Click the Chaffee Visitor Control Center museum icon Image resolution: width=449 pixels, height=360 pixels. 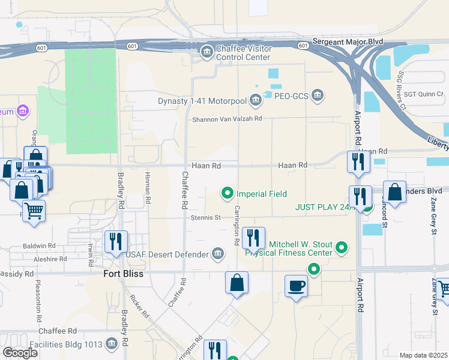click(x=207, y=50)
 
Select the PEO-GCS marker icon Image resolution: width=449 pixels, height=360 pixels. click(x=318, y=95)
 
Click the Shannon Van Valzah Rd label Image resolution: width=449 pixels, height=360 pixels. click(x=227, y=119)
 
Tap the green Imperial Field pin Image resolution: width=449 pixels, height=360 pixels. click(x=228, y=193)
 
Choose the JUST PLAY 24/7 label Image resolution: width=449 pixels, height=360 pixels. click(x=322, y=207)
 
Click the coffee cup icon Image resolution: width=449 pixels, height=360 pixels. click(x=296, y=286)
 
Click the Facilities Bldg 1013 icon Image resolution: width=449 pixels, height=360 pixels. click(x=111, y=343)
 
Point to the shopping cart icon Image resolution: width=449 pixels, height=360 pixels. click(x=34, y=211)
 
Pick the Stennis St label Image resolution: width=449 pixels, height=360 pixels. click(x=206, y=217)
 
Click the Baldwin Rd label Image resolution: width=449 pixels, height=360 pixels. click(x=39, y=246)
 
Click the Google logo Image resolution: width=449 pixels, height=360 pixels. click(x=20, y=353)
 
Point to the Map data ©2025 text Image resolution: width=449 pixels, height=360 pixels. click(x=424, y=355)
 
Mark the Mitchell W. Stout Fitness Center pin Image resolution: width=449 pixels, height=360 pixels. click(x=342, y=247)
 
